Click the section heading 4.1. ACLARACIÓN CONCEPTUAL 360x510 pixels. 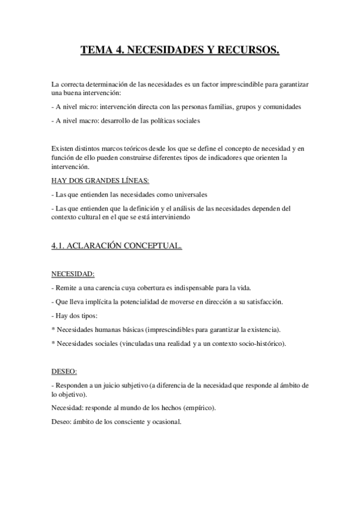click(x=117, y=245)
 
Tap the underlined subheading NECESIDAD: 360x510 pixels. click(x=73, y=274)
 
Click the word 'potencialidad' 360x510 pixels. click(x=141, y=301)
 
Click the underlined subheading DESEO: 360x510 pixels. click(x=64, y=372)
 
